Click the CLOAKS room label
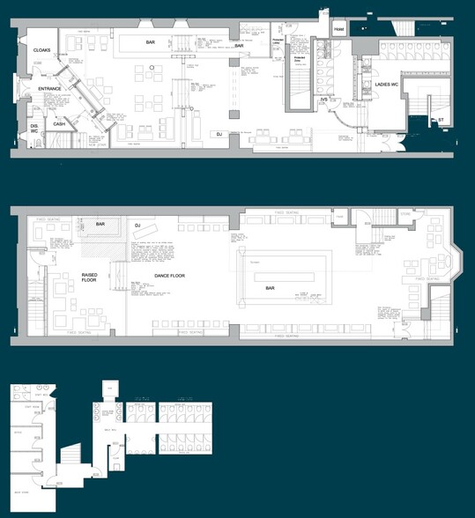pos(41,50)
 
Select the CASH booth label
pos(59,124)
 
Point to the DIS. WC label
pos(34,129)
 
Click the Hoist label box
pos(338,30)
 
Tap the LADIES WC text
pos(388,84)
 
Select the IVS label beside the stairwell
pos(323,100)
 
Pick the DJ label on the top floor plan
pos(218,134)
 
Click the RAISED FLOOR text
pos(90,277)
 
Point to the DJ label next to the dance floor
pos(137,226)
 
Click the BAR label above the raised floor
pos(100,225)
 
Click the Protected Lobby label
pos(277,41)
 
